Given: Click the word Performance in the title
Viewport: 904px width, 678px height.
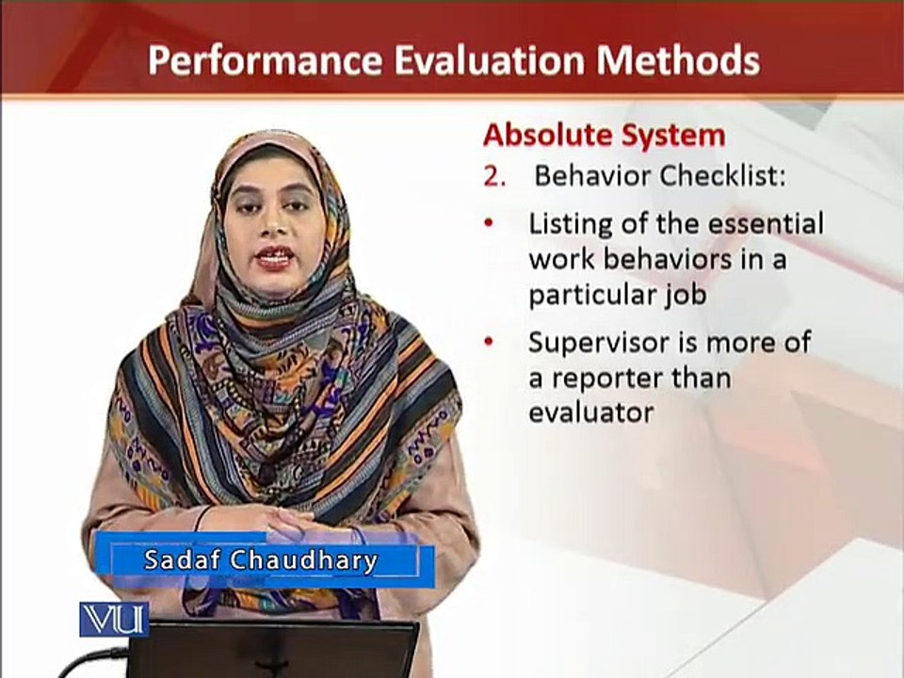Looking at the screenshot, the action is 266,61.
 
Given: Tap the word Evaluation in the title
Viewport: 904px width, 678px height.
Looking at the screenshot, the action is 490,60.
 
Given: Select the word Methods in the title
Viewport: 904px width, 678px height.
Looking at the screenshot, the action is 678,60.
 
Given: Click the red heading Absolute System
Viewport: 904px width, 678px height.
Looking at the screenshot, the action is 605,136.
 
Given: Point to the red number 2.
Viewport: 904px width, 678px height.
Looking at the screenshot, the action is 494,177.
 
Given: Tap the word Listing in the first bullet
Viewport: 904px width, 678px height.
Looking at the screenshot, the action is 571,225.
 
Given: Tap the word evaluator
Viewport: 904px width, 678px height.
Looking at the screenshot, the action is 591,412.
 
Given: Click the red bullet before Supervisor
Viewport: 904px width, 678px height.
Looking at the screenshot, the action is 490,342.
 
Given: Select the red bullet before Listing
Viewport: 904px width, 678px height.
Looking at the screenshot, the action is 490,223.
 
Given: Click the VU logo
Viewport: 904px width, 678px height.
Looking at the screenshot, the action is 114,620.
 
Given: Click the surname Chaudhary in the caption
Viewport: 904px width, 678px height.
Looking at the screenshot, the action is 304,560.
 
